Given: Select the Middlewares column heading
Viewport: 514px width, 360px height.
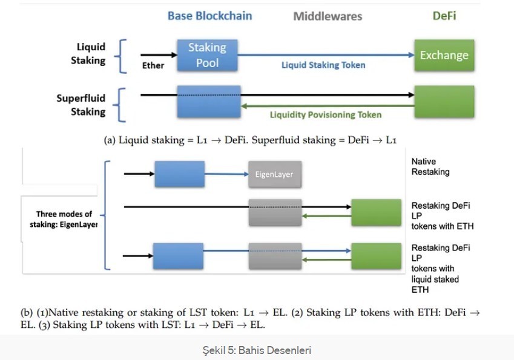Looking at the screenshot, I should coord(328,16).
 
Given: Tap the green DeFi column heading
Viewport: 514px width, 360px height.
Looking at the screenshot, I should coord(444,15).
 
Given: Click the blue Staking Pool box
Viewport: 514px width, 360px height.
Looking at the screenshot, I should coord(207,55).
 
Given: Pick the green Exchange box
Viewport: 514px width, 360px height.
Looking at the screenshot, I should coord(444,55).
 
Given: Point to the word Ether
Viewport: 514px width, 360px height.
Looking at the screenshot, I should coord(153,65).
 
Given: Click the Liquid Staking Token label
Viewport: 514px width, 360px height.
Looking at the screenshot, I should coord(323,65).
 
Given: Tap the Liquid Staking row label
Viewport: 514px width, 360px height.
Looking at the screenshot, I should coord(88,53).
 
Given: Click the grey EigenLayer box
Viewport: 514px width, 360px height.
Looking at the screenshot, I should coord(275,174).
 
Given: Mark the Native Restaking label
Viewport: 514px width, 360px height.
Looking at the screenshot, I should coord(430,166).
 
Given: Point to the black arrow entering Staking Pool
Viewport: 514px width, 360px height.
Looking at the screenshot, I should coord(159,55).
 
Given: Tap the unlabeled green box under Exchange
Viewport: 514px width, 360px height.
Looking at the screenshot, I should coord(444,101).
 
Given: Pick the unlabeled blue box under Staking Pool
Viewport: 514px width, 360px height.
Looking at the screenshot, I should coord(209,101).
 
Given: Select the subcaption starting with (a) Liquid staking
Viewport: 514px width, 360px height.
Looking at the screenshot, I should coord(250,140).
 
